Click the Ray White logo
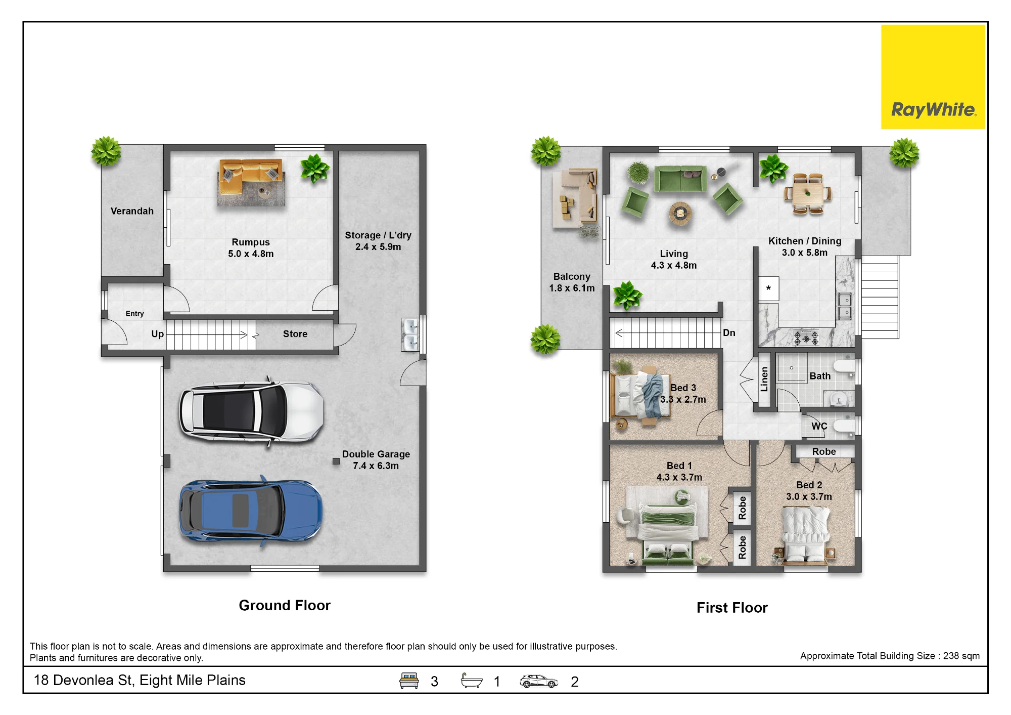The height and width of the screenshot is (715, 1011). coord(933,77)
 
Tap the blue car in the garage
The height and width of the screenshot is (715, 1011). coord(251,511)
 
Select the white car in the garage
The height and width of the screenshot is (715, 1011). coord(251,411)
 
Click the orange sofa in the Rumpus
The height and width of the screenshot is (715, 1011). coord(251,173)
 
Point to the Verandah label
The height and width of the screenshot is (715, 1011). coord(132,211)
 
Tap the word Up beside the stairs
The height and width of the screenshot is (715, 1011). coord(157,334)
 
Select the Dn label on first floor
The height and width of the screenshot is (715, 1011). coord(729,332)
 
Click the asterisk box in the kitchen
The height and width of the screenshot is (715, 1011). coord(768,289)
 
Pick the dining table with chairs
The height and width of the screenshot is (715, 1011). coord(808,194)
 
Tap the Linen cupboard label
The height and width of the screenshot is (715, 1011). coord(764,379)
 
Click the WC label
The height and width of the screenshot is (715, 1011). coord(819,426)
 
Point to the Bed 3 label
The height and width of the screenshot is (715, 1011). coord(683,388)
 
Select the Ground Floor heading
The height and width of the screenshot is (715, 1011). coord(285,605)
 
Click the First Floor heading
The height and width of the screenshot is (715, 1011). coord(732,608)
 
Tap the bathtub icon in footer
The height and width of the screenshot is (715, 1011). coord(472,681)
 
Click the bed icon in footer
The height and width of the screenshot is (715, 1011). coord(409,681)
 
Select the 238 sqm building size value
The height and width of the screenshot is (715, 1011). coord(961,656)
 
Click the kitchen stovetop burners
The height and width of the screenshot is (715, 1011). coord(806,338)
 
